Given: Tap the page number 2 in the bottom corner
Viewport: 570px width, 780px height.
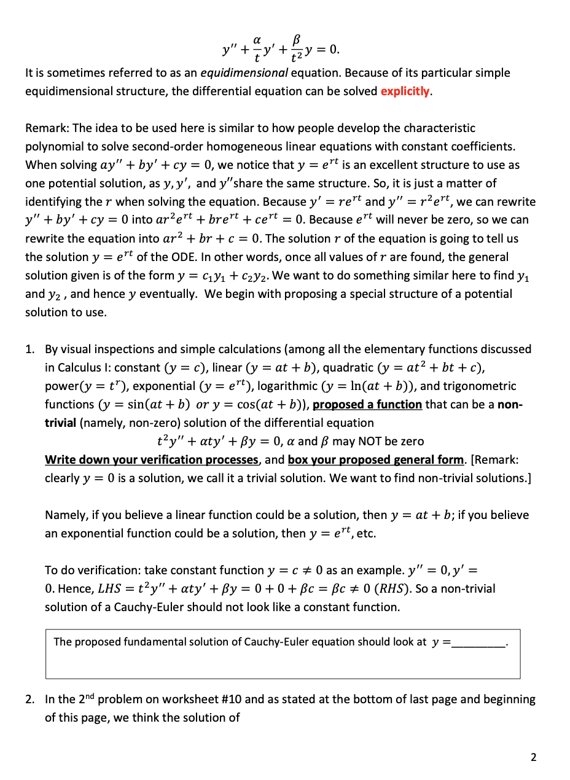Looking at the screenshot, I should click(x=533, y=757).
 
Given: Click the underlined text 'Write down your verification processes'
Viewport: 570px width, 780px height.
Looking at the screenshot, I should click(x=152, y=459).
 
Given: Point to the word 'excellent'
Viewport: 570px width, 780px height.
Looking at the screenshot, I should click(x=394, y=165).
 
